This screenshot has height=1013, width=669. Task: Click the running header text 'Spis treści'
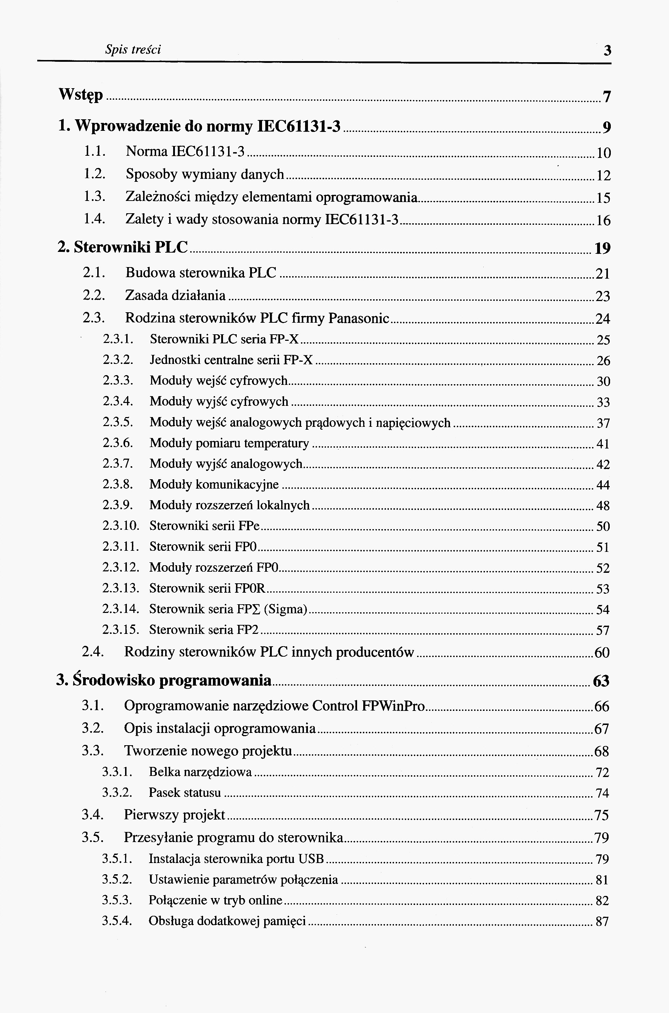coord(133,50)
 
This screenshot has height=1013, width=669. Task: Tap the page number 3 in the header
coord(607,51)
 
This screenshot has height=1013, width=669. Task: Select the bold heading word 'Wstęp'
coord(81,95)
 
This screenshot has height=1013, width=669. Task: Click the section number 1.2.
coord(94,174)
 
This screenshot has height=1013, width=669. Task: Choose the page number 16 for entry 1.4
coord(603,220)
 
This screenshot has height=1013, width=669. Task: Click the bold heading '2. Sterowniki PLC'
coord(123,248)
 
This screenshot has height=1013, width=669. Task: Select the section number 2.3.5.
coord(118,423)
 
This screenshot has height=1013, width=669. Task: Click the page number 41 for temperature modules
coord(603,444)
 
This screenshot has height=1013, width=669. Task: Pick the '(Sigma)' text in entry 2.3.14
coord(286,609)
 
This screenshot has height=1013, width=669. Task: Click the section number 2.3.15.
coord(121,630)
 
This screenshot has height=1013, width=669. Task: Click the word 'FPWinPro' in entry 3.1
coord(393,706)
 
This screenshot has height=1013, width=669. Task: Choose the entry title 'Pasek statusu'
coord(185,793)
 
